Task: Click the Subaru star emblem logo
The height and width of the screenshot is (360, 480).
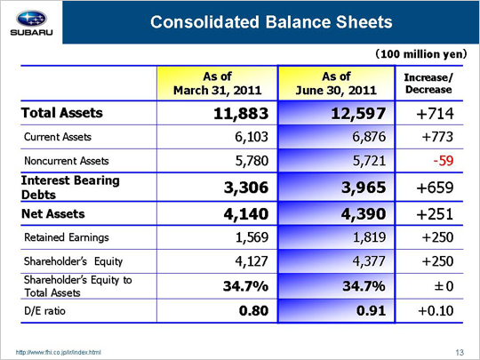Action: (31, 19)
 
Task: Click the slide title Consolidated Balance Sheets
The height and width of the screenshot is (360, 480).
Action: (271, 22)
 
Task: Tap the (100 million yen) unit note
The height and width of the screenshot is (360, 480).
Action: (421, 54)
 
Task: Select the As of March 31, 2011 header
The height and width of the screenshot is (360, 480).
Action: (218, 83)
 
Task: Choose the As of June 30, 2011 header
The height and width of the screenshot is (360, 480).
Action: (336, 83)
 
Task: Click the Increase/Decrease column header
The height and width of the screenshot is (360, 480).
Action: (428, 84)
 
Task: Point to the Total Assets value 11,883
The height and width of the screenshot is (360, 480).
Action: (241, 113)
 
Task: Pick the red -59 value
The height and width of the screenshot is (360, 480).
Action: (444, 160)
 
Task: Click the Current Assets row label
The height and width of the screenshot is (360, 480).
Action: (58, 137)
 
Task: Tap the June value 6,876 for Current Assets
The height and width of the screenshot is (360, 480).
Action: (369, 137)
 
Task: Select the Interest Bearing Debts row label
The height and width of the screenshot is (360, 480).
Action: (70, 188)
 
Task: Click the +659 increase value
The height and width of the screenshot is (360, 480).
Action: (435, 188)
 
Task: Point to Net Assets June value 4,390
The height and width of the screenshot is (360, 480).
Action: (364, 213)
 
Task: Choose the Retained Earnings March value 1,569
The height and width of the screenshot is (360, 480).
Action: (252, 237)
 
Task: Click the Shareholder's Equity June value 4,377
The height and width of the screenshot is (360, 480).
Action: (369, 261)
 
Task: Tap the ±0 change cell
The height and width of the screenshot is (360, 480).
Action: (444, 286)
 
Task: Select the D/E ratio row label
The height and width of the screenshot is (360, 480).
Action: (44, 311)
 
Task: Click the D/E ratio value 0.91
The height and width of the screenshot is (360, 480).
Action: (371, 311)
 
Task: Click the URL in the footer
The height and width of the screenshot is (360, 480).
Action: (58, 353)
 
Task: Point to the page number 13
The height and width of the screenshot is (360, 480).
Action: (460, 353)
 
